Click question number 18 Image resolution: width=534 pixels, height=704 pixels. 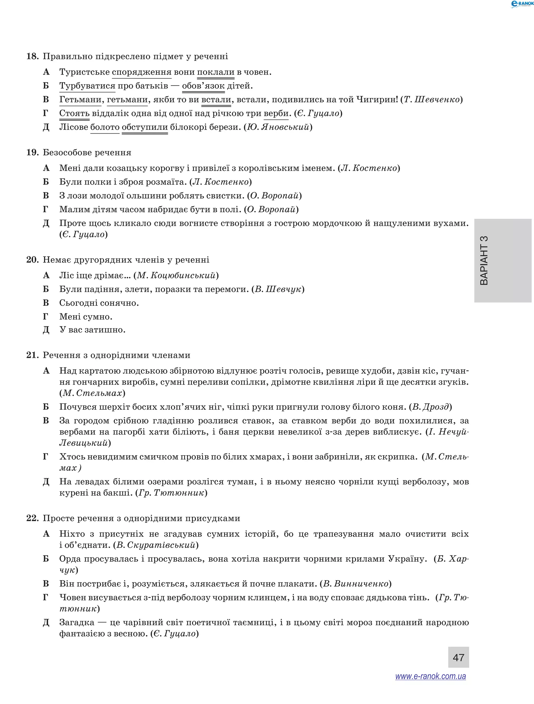point(32,56)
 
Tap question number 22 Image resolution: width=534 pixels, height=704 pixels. point(32,518)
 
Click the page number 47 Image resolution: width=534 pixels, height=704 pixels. point(458,657)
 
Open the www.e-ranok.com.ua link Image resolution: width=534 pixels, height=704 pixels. point(430,676)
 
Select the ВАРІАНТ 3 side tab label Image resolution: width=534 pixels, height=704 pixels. point(484,260)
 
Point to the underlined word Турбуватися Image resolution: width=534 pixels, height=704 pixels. point(87,86)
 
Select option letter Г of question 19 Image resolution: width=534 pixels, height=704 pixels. point(46,209)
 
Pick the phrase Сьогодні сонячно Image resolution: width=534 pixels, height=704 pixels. point(99,303)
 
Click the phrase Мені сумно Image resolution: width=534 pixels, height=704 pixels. point(86,317)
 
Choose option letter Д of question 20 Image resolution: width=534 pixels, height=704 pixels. point(46,330)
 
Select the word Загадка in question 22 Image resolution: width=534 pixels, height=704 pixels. point(77,622)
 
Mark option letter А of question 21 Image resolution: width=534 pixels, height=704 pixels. point(46,371)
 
